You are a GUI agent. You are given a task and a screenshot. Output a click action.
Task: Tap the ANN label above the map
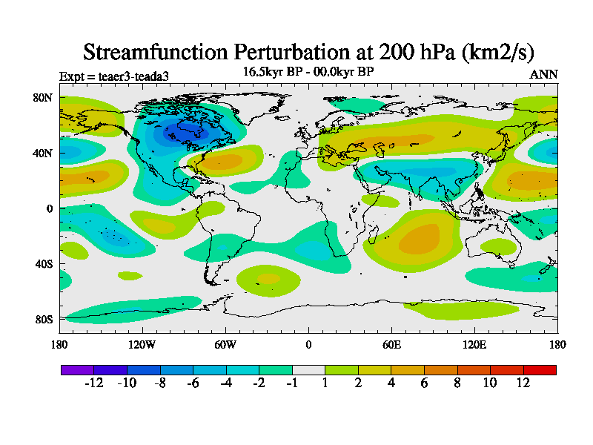coord(543,74)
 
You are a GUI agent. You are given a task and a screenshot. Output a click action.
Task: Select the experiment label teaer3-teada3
coord(119,76)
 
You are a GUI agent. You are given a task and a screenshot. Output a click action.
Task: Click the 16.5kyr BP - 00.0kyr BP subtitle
coord(308,71)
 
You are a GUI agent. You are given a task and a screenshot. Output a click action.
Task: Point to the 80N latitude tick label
coord(42,97)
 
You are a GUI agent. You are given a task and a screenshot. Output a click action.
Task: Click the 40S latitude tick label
coord(42,264)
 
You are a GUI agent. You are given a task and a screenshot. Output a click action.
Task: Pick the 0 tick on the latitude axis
coord(49,208)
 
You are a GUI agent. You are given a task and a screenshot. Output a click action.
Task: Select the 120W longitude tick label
coord(142,344)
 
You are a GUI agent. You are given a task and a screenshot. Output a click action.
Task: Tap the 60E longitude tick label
coord(391,344)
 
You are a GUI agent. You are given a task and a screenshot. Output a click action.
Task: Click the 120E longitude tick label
coord(474,344)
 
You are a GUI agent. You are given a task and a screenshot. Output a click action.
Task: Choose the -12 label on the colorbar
coord(93,383)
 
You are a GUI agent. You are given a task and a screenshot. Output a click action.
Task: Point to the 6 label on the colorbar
coord(425,383)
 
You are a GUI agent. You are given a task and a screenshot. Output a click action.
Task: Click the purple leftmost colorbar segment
coord(77,369)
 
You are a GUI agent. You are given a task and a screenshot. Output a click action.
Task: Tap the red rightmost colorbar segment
coord(540,369)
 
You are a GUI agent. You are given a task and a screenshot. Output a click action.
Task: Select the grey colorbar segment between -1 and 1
coord(308,369)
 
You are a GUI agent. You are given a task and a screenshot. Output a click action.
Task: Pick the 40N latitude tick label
coord(42,153)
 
